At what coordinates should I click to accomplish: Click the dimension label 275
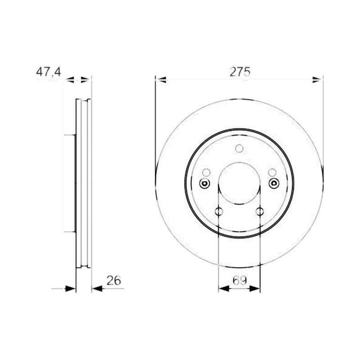pyautogui.click(x=240, y=72)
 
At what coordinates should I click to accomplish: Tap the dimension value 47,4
pyautogui.click(x=49, y=72)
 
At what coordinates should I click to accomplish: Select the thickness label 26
pyautogui.click(x=114, y=280)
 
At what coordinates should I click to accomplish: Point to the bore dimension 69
pyautogui.click(x=240, y=280)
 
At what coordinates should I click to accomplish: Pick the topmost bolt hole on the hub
pyautogui.click(x=239, y=148)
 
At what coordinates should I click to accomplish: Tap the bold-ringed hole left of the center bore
pyautogui.click(x=204, y=183)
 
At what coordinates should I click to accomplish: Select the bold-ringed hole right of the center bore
pyautogui.click(x=274, y=183)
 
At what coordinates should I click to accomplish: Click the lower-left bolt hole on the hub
pyautogui.click(x=219, y=211)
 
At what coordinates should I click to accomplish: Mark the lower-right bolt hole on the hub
pyautogui.click(x=260, y=211)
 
